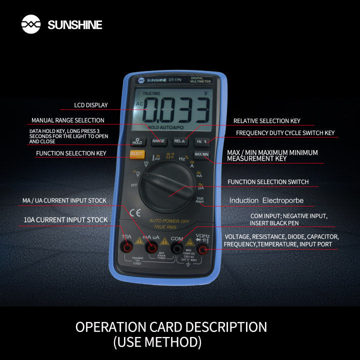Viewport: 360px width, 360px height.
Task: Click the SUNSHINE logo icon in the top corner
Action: point(31,24)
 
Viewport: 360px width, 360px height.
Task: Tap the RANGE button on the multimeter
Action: point(158,141)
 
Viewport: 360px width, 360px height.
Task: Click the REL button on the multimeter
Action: point(179,141)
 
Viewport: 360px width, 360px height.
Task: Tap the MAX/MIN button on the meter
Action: point(201,154)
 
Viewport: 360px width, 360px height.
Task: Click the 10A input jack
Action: point(127,247)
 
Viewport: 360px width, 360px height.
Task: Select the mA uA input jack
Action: point(151,247)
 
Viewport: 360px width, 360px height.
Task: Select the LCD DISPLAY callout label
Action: point(91,105)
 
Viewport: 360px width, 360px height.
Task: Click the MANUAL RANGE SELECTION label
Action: point(68,120)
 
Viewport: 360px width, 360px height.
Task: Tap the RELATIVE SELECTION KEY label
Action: point(266,121)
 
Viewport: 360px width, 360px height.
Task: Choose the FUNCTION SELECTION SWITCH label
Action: point(268,182)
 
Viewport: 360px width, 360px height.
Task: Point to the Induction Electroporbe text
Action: point(266,201)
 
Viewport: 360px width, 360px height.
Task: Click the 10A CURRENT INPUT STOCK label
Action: point(65,220)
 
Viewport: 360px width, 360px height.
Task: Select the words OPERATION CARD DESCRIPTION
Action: point(171,327)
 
